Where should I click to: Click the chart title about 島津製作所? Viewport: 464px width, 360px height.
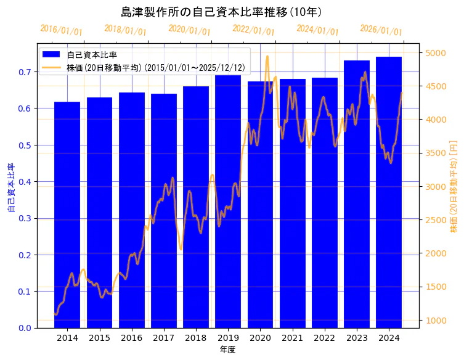[x=221, y=12]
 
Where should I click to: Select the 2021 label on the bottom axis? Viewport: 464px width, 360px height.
[x=292, y=338]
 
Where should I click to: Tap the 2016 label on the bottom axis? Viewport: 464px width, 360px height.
[x=131, y=338]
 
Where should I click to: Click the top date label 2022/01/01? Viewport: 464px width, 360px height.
[x=253, y=30]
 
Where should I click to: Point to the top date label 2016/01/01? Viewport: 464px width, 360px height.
[x=61, y=30]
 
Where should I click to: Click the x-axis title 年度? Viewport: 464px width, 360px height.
[x=227, y=350]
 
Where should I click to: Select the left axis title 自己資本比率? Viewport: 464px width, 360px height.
[x=11, y=188]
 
